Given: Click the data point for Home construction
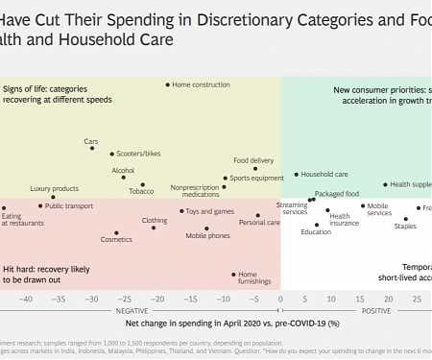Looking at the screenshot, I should (168, 84).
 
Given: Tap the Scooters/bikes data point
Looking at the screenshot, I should (111, 154).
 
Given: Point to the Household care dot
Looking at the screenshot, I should (297, 175).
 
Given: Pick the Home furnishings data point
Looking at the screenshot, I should (233, 275).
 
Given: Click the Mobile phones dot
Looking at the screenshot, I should (207, 228).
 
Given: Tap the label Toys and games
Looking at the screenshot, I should (209, 211).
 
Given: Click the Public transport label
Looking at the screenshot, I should (69, 205).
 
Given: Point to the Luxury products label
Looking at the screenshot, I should (54, 189).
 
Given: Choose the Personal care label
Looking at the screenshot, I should (259, 223).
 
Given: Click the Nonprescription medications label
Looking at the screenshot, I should (194, 191).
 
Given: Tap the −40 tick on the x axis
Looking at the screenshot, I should (25, 299).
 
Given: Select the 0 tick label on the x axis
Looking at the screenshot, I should (280, 299).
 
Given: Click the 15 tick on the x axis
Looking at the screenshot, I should (361, 299).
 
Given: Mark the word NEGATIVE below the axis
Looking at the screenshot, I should (132, 311).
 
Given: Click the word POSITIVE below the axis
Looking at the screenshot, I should (375, 311).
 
